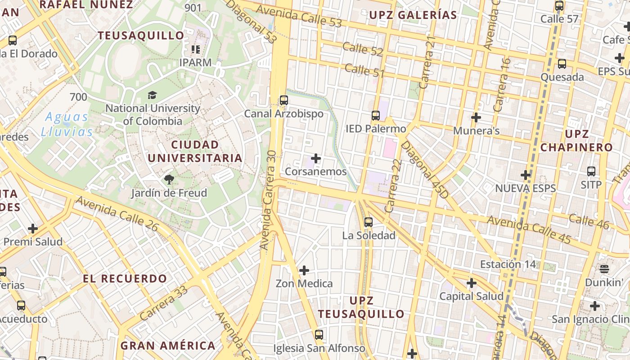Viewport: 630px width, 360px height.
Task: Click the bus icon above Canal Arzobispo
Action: pos(283,100)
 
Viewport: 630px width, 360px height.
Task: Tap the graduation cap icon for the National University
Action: pos(152,95)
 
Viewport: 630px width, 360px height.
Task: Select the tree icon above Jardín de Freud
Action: pos(169,180)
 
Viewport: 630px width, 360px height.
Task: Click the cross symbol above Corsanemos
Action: pos(316,158)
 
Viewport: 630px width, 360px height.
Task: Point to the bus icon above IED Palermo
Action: pos(376,116)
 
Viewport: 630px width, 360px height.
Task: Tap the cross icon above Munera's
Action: pos(476,118)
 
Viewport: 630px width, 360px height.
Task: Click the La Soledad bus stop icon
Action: pos(369,222)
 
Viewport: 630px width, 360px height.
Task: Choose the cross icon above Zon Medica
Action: pos(304,270)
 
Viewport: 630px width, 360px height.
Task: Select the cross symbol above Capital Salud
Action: pos(472,283)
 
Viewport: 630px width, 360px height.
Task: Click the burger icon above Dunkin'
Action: pos(604,269)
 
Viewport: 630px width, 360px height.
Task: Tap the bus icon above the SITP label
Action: pos(591,171)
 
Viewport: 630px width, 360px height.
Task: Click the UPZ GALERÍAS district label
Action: pos(413,15)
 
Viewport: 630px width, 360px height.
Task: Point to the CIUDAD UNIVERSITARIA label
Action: pos(195,151)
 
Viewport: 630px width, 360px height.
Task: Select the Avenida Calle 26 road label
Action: pos(117,214)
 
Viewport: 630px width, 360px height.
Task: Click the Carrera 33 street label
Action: pos(163,304)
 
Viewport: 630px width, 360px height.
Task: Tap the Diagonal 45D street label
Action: pos(424,170)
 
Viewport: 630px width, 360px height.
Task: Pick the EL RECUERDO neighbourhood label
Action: pos(125,279)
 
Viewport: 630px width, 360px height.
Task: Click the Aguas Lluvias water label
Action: pos(67,124)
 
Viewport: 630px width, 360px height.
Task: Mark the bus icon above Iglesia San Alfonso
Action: pos(319,335)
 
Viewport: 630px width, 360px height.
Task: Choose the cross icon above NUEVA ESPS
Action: pos(526,175)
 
